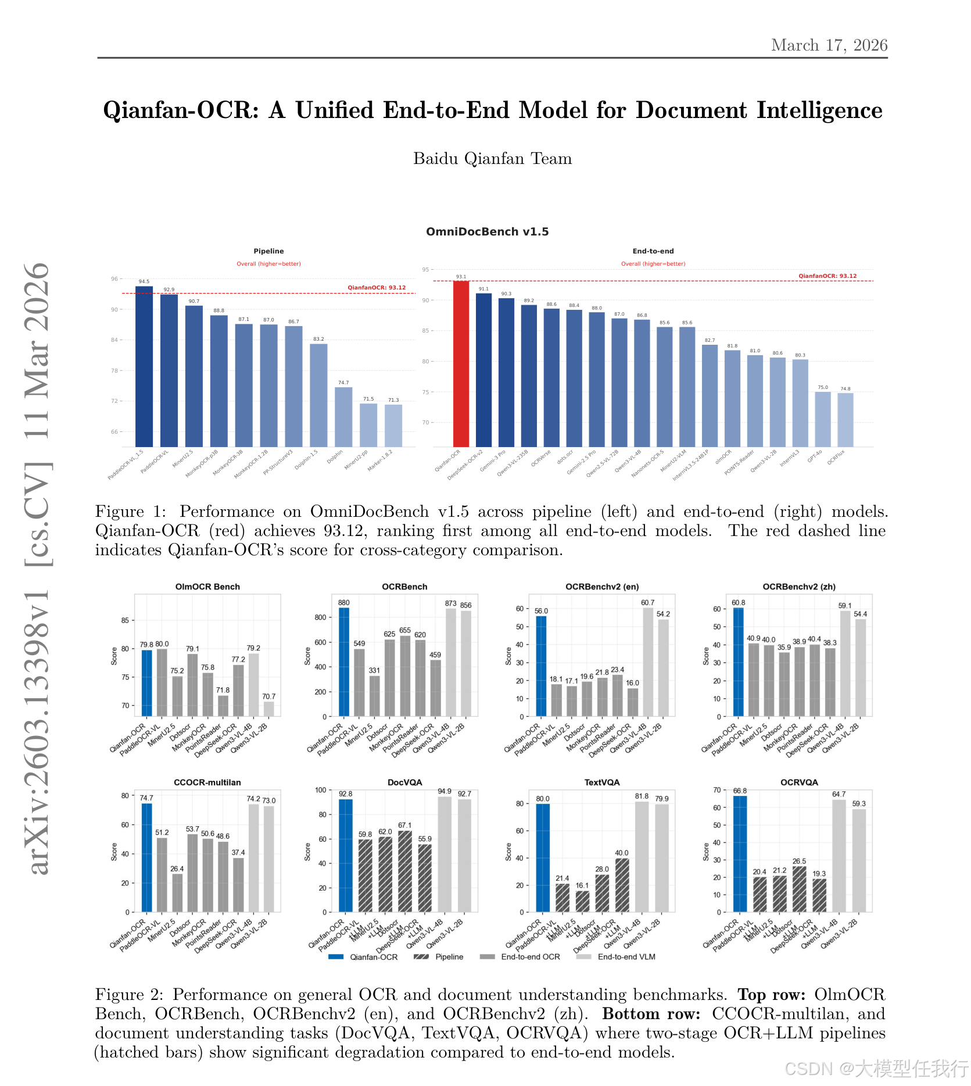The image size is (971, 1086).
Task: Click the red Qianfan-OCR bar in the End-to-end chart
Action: tap(461, 363)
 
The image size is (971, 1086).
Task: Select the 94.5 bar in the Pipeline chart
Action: tap(144, 366)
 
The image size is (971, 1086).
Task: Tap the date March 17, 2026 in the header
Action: tap(829, 45)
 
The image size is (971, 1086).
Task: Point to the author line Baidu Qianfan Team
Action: tap(492, 159)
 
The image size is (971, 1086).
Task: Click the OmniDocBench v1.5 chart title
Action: tap(487, 232)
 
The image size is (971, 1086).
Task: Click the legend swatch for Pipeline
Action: tap(421, 957)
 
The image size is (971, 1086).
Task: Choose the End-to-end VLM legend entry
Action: tap(626, 957)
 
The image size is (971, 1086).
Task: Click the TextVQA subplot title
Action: tap(602, 783)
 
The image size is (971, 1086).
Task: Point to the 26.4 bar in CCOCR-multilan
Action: tap(177, 893)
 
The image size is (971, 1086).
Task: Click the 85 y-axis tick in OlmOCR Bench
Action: tap(126, 620)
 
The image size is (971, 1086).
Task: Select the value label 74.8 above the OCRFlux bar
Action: tap(845, 389)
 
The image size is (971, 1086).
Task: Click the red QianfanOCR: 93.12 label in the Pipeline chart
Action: tap(377, 288)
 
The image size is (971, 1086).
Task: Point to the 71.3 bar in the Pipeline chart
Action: tap(393, 426)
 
